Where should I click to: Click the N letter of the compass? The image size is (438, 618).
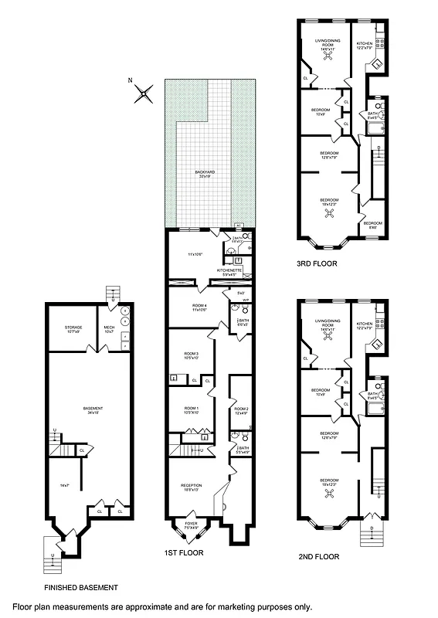point(132,79)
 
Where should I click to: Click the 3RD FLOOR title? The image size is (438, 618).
point(317,263)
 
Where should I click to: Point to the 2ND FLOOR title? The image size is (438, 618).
point(318,555)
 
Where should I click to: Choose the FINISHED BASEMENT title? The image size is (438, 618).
point(81,588)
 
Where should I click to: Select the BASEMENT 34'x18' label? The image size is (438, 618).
point(93,409)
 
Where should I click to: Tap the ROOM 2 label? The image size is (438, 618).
point(241,410)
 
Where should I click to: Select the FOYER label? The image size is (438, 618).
point(191,525)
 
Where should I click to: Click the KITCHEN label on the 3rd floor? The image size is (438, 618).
point(365,45)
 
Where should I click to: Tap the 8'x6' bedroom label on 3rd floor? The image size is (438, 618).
point(372,223)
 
